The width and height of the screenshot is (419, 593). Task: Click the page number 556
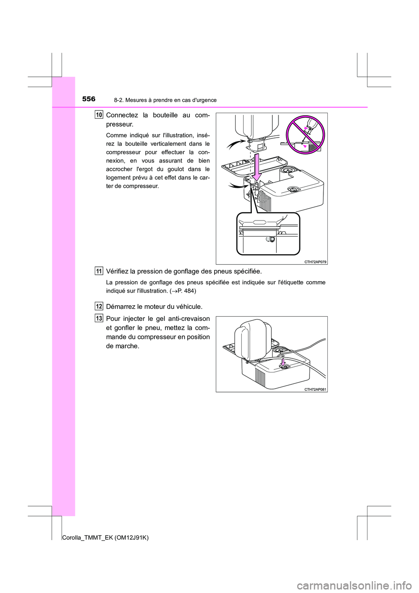[x=88, y=100]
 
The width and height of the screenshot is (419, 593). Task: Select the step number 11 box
[x=99, y=272]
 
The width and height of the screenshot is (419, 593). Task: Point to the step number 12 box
[x=99, y=304]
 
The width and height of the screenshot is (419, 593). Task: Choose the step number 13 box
[x=99, y=318]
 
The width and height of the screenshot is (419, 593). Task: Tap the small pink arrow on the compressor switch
[x=283, y=362]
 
